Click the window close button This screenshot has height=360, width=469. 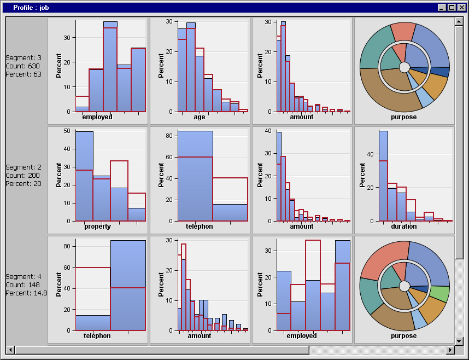[x=462, y=8]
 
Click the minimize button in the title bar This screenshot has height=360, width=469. [x=442, y=8]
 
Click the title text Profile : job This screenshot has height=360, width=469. [x=31, y=8]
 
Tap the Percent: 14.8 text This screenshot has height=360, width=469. [x=26, y=293]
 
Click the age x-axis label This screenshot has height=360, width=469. [x=199, y=117]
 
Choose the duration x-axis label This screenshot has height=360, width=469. [x=404, y=227]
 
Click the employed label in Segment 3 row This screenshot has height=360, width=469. [x=97, y=117]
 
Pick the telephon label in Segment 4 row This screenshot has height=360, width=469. [x=97, y=336]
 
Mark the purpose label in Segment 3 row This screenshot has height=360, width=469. [x=404, y=117]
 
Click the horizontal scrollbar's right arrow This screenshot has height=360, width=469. [x=450, y=350]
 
